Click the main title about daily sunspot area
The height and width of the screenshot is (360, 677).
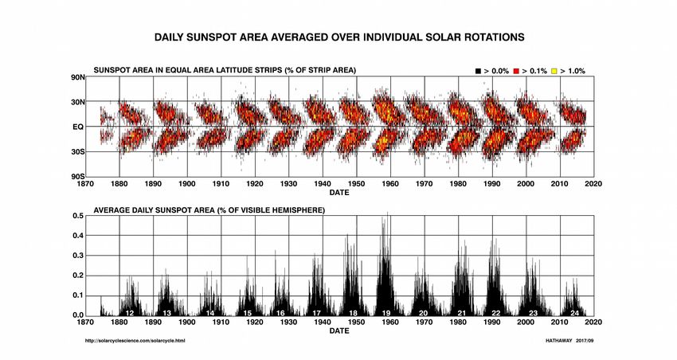pos(338,37)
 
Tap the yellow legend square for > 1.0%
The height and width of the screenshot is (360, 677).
pos(554,72)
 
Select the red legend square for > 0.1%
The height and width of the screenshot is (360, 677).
pos(516,72)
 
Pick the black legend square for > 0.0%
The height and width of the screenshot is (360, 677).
pos(479,72)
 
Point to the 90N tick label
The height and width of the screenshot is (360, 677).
pos(78,77)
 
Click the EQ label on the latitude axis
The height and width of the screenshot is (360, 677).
pos(79,127)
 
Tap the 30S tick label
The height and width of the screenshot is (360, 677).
pos(78,151)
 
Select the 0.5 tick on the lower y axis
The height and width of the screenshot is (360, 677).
pos(77,216)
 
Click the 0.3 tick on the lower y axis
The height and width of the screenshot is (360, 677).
pos(77,256)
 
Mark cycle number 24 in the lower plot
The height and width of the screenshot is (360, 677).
pos(574,312)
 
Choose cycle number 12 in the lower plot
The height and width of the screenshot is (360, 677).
pos(129,312)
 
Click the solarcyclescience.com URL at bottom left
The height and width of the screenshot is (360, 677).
pos(135,341)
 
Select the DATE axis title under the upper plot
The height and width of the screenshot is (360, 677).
pos(339,192)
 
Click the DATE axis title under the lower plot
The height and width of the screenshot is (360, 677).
pos(339,331)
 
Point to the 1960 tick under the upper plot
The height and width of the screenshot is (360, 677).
pos(390,183)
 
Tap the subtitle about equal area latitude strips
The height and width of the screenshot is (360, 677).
pos(225,71)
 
